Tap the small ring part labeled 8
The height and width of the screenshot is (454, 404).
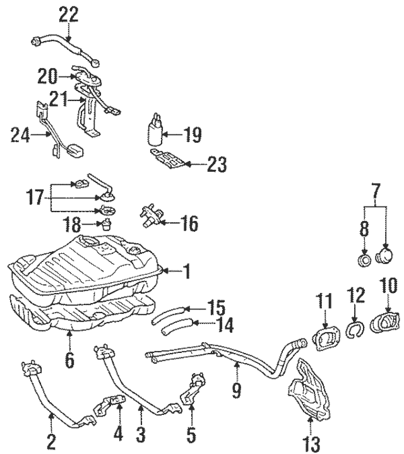365,261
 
